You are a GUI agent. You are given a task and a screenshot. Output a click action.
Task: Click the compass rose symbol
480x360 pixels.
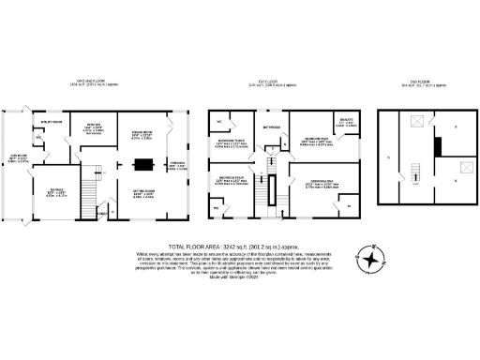374,259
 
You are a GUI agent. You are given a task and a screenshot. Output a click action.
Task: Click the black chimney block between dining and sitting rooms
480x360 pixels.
143,165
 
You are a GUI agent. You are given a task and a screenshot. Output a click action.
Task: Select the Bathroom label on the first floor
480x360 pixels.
273,125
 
